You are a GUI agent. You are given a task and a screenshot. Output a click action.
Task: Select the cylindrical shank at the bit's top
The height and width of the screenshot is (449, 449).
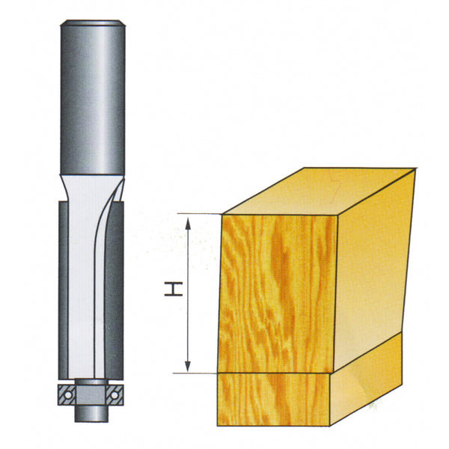pos(92,97)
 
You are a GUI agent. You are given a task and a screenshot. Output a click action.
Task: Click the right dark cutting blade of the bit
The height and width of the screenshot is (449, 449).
pos(117,284)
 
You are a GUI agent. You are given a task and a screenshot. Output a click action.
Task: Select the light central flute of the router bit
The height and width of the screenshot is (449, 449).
pos(86,284)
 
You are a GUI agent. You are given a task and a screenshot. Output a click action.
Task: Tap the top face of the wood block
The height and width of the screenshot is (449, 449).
pos(318,191)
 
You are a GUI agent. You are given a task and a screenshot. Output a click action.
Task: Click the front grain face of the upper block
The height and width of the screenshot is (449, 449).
pos(277,292)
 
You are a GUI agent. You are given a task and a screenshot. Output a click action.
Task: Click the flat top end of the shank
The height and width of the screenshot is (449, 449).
pos(92,24)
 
